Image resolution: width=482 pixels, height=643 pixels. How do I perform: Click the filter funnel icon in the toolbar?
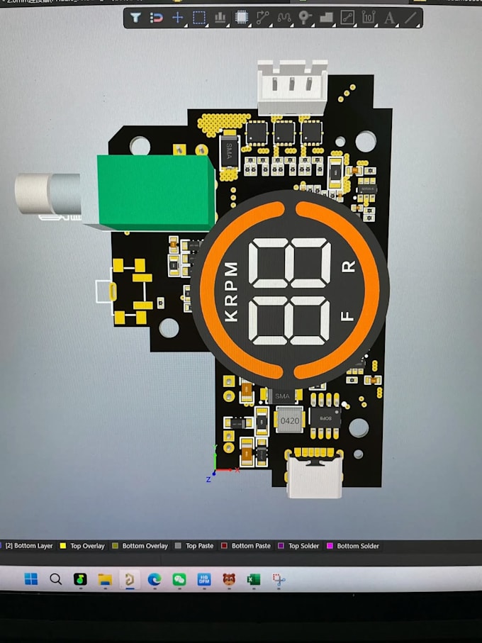point(136,18)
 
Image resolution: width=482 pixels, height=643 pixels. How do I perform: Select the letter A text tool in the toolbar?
point(389,18)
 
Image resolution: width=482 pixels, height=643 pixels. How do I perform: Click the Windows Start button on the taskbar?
point(31,579)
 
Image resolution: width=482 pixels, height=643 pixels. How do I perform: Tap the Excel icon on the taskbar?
point(253,579)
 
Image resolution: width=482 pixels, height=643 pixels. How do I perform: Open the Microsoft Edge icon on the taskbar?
point(155,579)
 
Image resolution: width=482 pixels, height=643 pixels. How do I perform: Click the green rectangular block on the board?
point(156,190)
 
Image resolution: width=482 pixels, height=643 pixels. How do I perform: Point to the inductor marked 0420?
point(289,420)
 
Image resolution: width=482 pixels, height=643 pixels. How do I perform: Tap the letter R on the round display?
point(349,267)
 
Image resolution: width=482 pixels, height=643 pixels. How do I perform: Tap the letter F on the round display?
point(348,316)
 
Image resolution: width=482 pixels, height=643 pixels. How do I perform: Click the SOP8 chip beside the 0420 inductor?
point(325,418)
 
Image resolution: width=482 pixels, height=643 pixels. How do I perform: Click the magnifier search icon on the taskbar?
point(56,579)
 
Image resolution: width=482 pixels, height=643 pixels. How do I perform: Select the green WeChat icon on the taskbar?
point(179,579)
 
